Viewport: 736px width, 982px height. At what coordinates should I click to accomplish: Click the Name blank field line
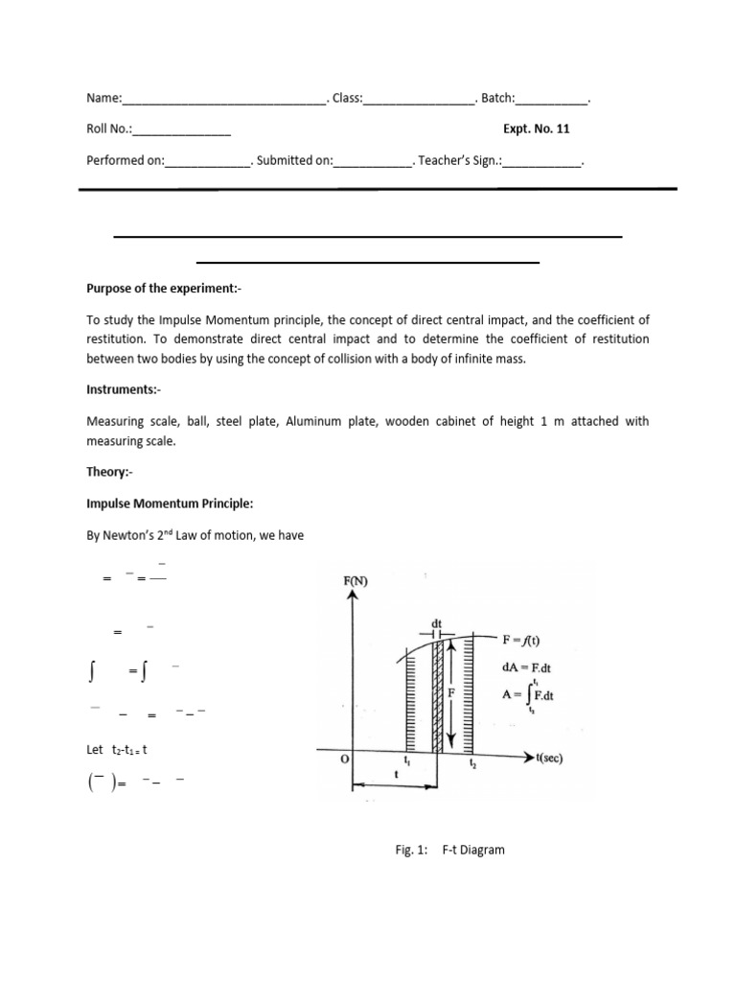coord(225,99)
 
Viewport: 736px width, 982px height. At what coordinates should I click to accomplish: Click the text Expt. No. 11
coord(542,129)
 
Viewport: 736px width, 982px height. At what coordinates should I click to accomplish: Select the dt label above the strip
coord(437,621)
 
